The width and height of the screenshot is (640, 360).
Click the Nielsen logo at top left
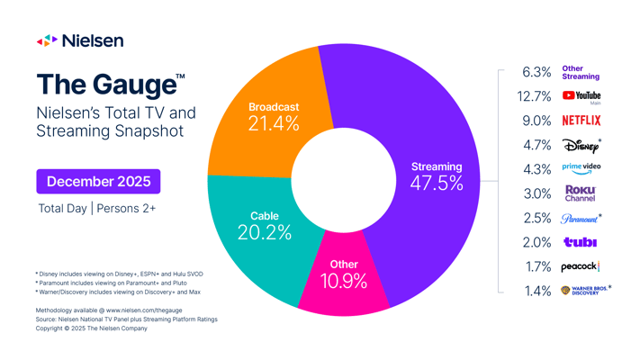point(80,40)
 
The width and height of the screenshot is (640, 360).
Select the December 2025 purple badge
point(98,181)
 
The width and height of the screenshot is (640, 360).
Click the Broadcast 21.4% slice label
point(274,117)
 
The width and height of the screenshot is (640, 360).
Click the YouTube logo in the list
point(581,95)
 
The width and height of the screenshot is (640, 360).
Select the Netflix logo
point(581,120)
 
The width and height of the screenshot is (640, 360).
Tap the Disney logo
point(581,145)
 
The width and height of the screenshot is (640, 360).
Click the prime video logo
point(581,168)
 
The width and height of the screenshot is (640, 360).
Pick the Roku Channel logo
point(581,193)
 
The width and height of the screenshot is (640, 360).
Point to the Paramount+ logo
point(581,218)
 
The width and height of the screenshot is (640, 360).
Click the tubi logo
point(581,242)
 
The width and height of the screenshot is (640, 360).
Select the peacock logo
point(581,266)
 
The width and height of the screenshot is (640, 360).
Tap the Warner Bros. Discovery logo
point(585,290)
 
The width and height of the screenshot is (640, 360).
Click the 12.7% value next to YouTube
point(535,96)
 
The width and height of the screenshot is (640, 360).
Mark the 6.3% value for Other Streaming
point(536,72)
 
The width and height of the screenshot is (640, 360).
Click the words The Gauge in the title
point(106,85)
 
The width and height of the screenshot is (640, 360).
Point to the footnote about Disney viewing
point(119,274)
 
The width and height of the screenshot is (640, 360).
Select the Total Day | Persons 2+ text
point(97,208)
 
